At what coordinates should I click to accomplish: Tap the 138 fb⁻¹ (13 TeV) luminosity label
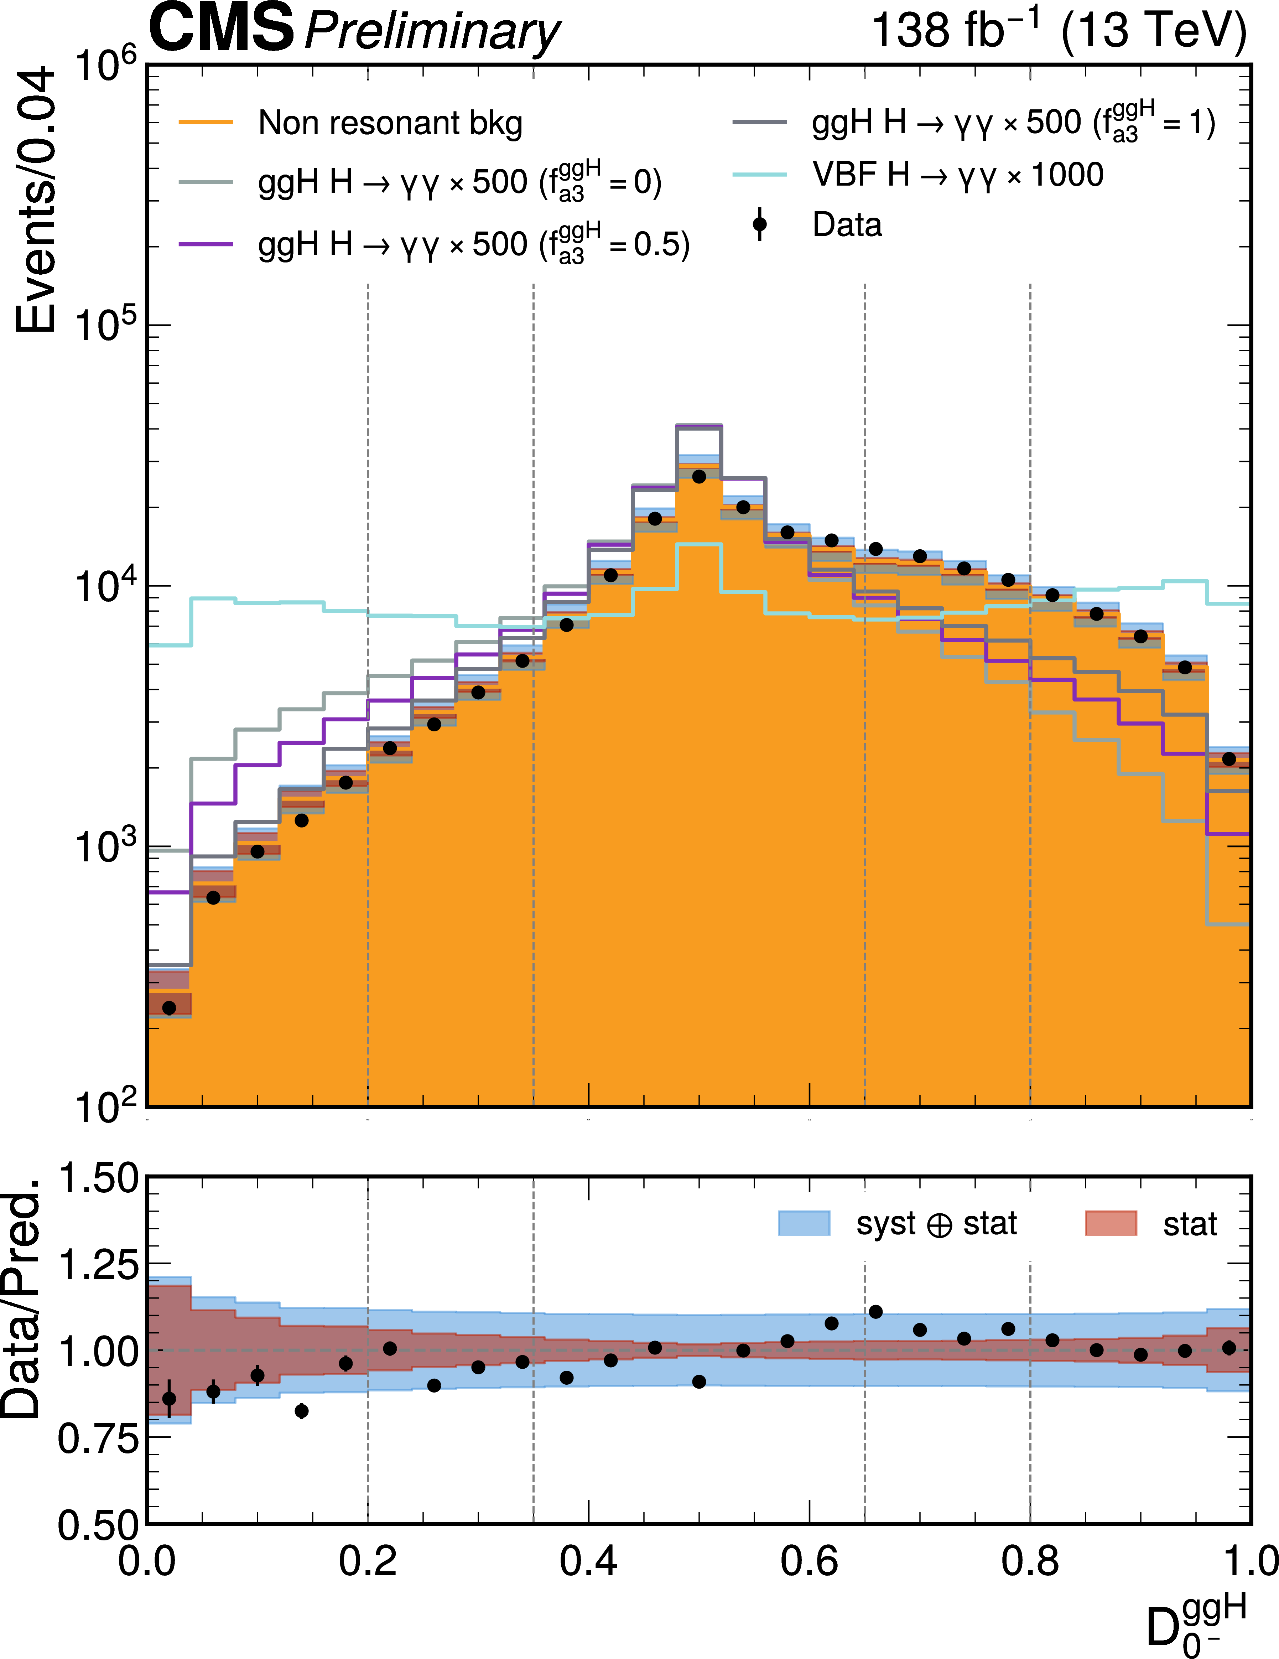click(1058, 30)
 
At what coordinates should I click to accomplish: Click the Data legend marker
click(759, 224)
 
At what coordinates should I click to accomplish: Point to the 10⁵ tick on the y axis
click(106, 325)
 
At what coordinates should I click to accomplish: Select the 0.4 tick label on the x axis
click(589, 1562)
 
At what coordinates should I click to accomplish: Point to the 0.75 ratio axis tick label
click(99, 1438)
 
